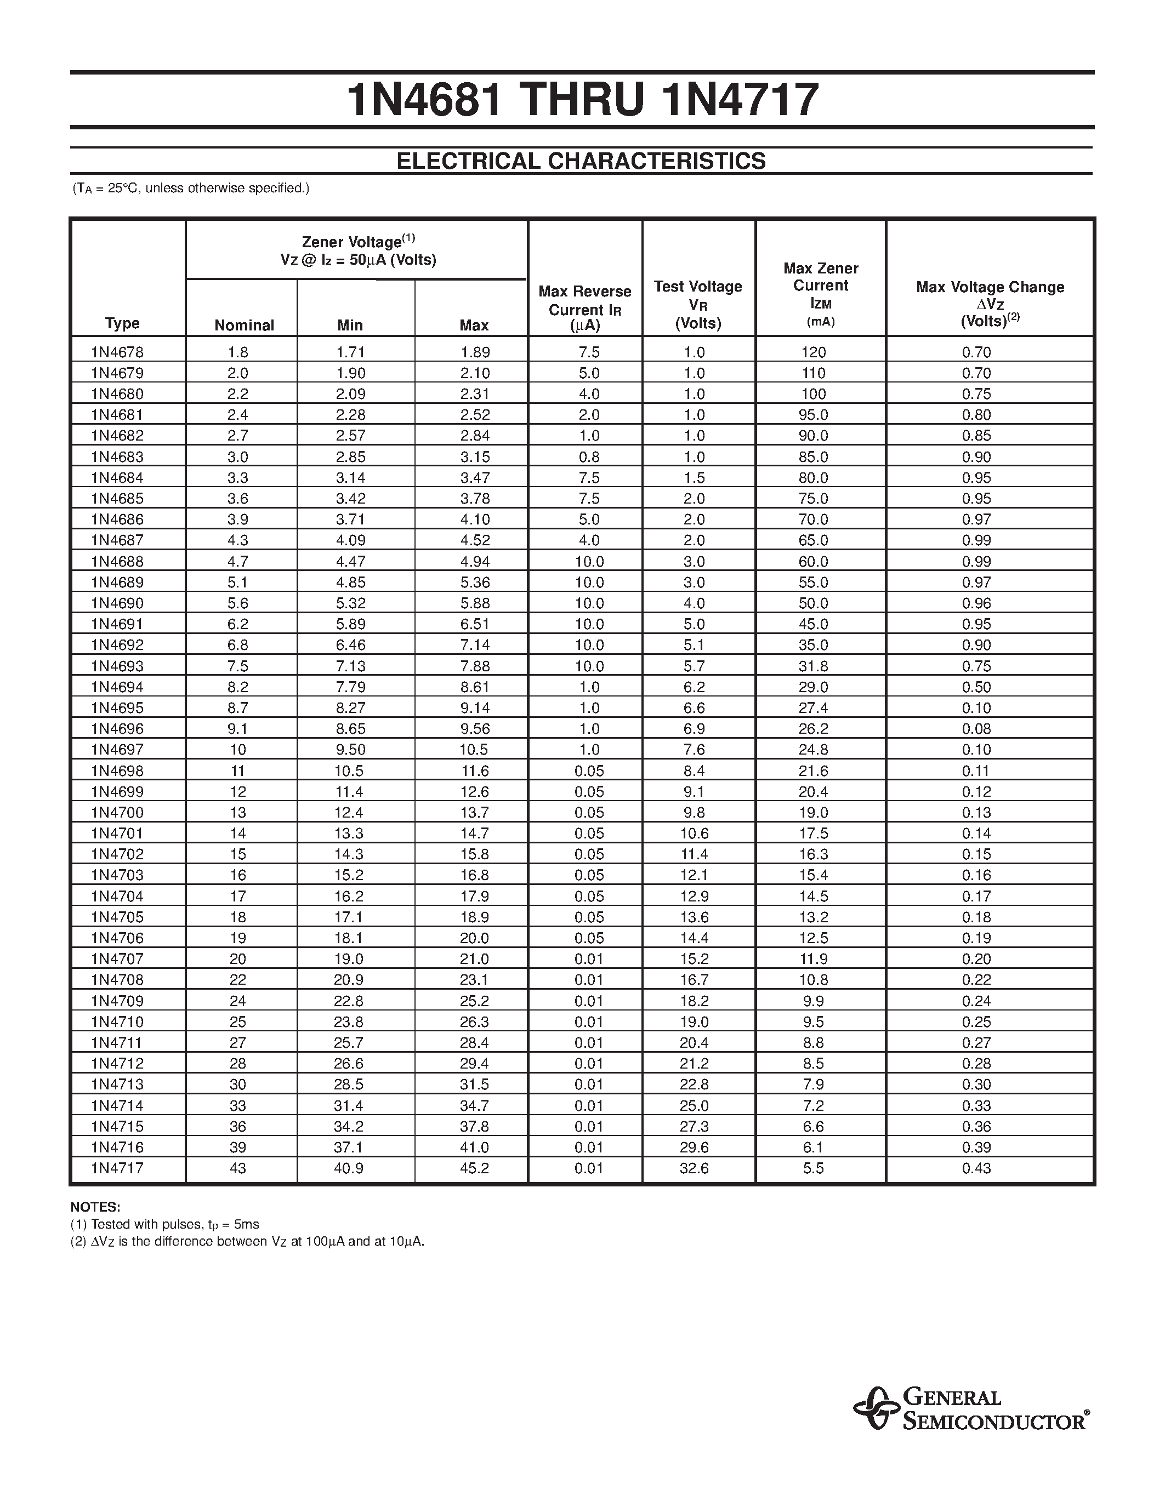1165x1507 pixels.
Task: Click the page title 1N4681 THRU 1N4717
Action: point(582,100)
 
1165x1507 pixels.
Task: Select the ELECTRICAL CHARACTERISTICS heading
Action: point(581,161)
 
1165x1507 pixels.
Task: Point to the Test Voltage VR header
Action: point(698,304)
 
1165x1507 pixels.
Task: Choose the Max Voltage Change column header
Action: point(990,304)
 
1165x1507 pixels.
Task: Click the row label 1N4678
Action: point(117,352)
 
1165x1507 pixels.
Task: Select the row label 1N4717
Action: point(117,1168)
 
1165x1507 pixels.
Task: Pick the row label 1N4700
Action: point(117,812)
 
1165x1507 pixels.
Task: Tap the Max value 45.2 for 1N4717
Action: point(475,1168)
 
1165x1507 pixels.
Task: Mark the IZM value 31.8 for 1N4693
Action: point(813,666)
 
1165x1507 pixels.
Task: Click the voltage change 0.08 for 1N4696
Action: point(976,729)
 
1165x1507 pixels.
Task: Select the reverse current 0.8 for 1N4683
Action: point(589,457)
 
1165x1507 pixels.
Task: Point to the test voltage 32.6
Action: point(694,1168)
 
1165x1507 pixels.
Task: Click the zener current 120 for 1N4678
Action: point(813,352)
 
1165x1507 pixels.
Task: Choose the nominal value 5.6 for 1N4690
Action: point(237,603)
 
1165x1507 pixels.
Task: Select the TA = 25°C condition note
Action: point(191,187)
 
